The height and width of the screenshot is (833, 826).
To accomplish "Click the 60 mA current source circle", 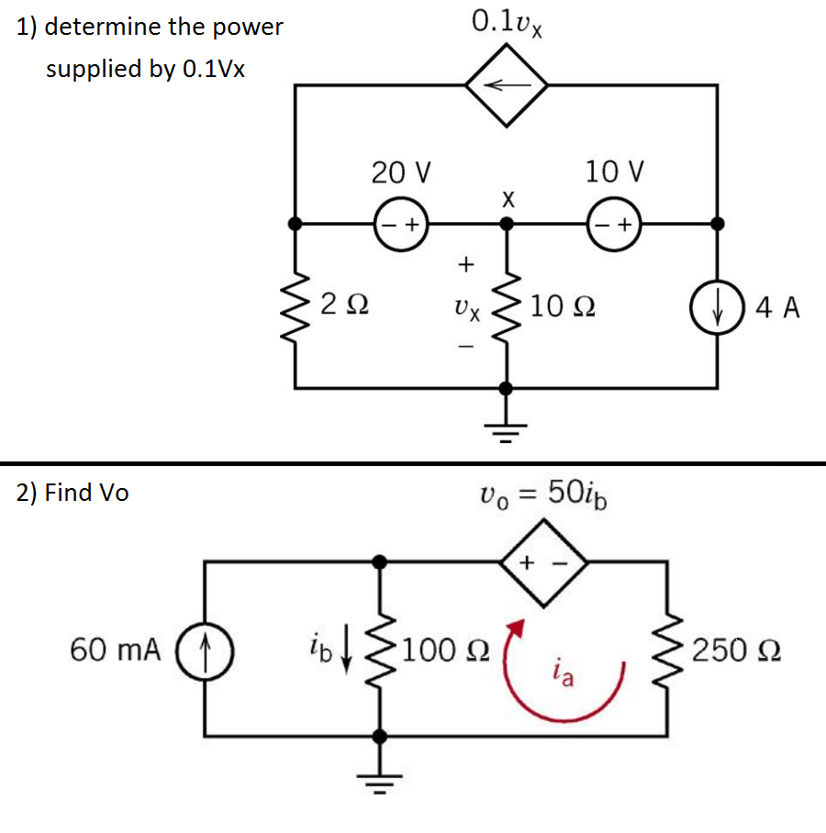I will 206,650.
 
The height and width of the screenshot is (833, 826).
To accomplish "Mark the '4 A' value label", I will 777,308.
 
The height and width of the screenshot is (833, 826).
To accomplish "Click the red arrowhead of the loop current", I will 518,629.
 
